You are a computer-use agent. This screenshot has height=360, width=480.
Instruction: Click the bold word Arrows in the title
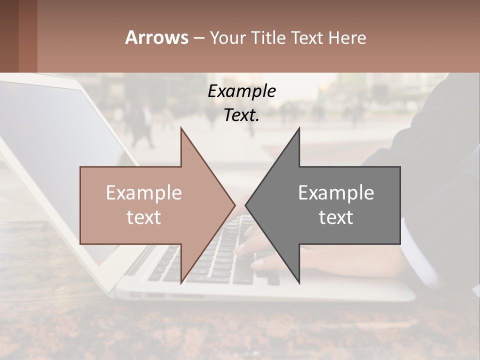tap(157, 37)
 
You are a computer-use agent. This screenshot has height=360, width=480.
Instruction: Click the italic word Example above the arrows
tap(241, 91)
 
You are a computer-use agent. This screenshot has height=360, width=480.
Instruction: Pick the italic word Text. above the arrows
tap(241, 115)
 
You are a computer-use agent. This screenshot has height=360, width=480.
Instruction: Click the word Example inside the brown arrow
tap(144, 193)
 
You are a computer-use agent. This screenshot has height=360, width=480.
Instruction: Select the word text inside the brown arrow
tap(144, 217)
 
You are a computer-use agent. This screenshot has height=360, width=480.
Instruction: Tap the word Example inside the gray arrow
tap(336, 193)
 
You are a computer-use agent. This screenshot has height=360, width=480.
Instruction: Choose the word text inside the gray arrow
tap(336, 217)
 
